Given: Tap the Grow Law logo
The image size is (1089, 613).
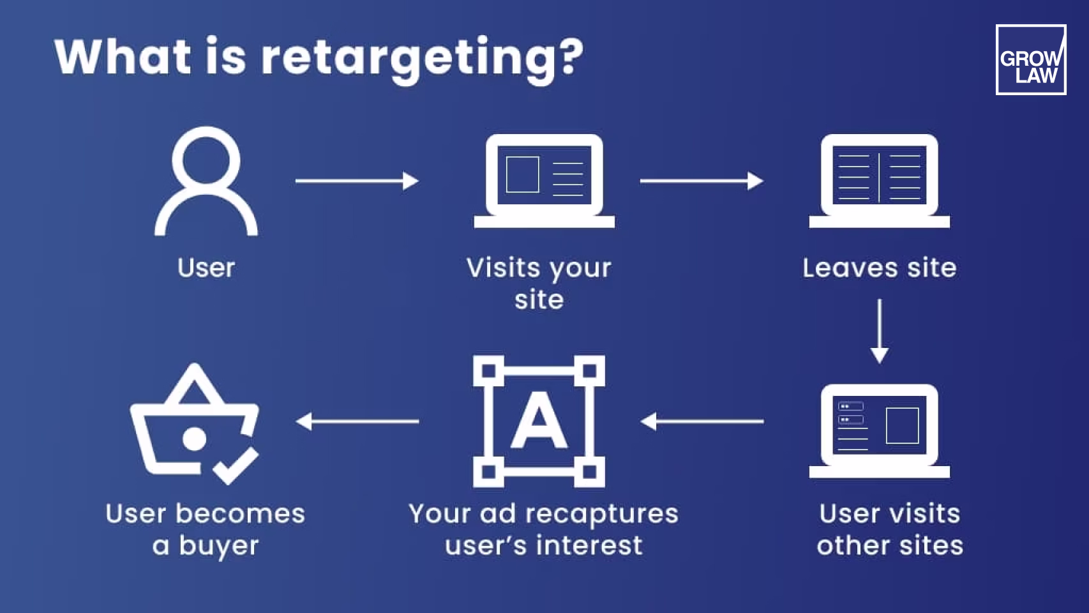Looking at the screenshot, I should (1030, 60).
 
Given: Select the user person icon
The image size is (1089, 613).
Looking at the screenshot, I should (206, 181).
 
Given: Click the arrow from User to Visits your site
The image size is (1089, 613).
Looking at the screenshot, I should (356, 181).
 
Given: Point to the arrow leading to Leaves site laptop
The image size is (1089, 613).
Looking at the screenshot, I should (701, 181).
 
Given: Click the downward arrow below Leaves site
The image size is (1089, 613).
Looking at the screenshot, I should (880, 331).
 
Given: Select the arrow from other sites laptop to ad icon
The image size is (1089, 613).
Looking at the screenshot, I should (702, 421).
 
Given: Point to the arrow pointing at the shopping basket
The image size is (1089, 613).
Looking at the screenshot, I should (357, 421).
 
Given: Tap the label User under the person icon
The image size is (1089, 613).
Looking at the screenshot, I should (206, 268).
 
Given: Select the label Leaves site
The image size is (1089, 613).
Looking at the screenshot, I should (879, 268).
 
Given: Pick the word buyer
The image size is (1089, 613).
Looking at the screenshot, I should (218, 547).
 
